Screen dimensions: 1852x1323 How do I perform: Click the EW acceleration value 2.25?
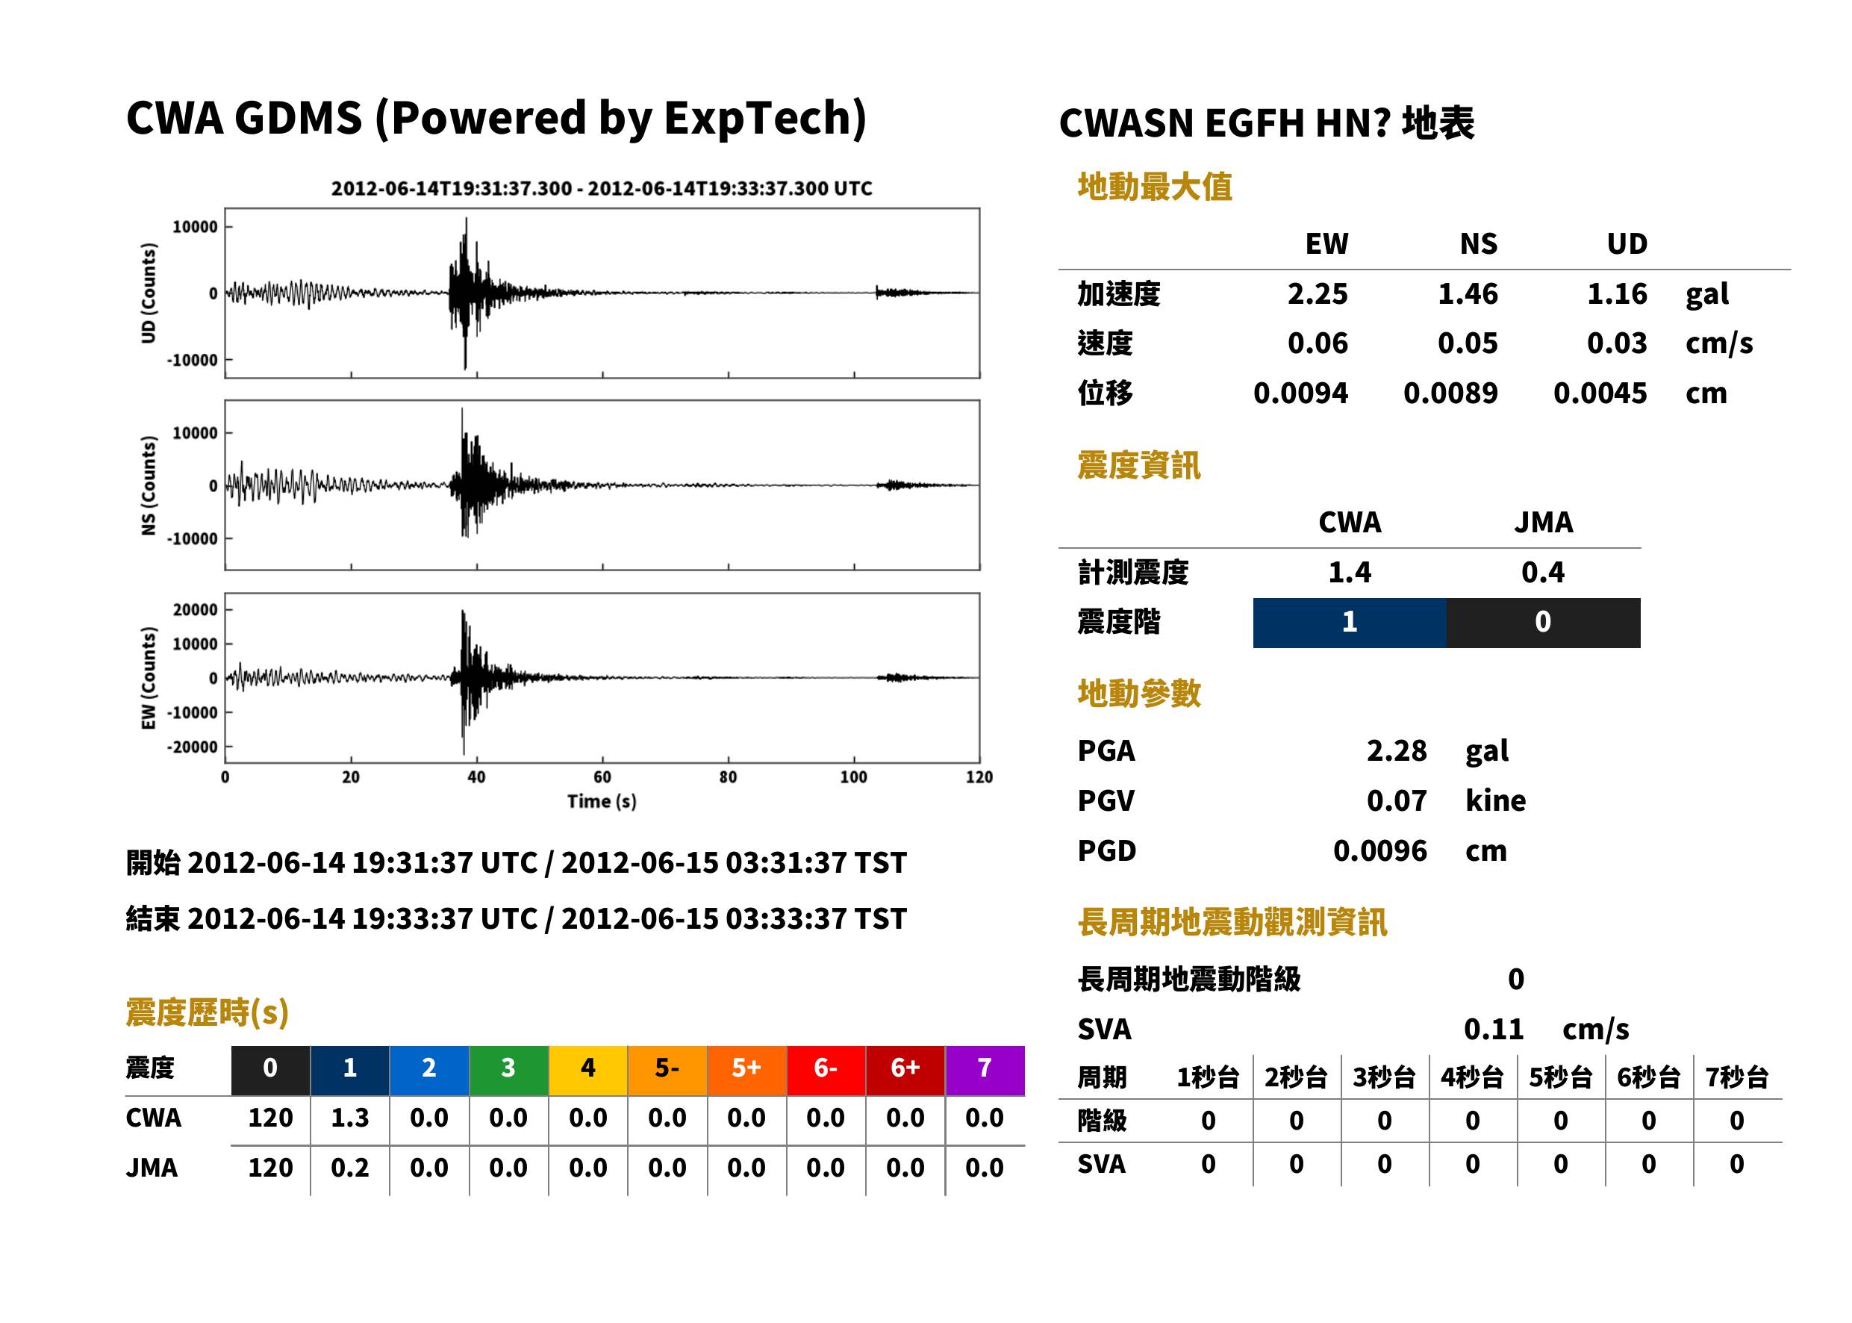point(1317,294)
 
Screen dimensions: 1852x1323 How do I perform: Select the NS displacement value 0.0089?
point(1450,393)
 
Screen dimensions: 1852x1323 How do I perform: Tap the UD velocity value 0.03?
point(1617,343)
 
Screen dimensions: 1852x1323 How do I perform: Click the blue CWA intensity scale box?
point(1350,623)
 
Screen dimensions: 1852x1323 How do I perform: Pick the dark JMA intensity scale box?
point(1544,623)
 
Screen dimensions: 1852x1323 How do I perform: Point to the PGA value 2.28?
point(1396,751)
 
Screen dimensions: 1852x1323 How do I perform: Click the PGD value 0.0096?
point(1379,851)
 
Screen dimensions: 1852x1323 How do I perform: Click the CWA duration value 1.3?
point(349,1118)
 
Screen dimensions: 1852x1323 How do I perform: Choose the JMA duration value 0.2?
point(349,1168)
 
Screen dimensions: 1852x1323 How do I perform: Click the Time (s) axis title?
point(602,802)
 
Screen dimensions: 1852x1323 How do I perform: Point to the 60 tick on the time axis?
point(602,777)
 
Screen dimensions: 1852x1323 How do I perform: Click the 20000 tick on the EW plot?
point(196,609)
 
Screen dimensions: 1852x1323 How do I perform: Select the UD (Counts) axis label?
point(149,293)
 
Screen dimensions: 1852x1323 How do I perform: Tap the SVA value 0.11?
point(1493,1030)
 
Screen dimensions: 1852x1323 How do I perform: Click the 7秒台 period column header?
point(1736,1078)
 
